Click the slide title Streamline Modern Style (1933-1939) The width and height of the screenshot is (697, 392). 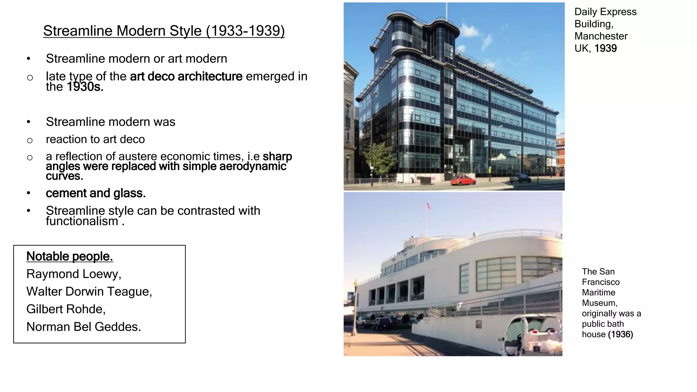point(164,31)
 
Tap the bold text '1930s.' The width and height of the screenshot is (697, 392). point(85,87)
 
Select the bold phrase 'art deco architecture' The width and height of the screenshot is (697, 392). point(186,77)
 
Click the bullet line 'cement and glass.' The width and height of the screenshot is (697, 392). point(96,193)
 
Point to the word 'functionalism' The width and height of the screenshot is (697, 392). point(82,222)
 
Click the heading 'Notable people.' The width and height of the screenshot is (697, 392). point(69,257)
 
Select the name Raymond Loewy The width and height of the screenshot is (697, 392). point(73,274)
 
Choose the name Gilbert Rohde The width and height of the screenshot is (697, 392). point(65,309)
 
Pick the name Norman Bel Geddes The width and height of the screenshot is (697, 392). point(83,327)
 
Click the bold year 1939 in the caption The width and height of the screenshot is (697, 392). point(605,49)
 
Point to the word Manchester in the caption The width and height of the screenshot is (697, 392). point(601,36)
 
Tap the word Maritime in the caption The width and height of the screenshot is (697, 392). point(599,293)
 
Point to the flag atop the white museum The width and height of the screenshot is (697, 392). point(428,206)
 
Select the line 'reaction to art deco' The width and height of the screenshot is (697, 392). point(95,140)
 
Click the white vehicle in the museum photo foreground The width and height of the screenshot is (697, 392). point(531,335)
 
